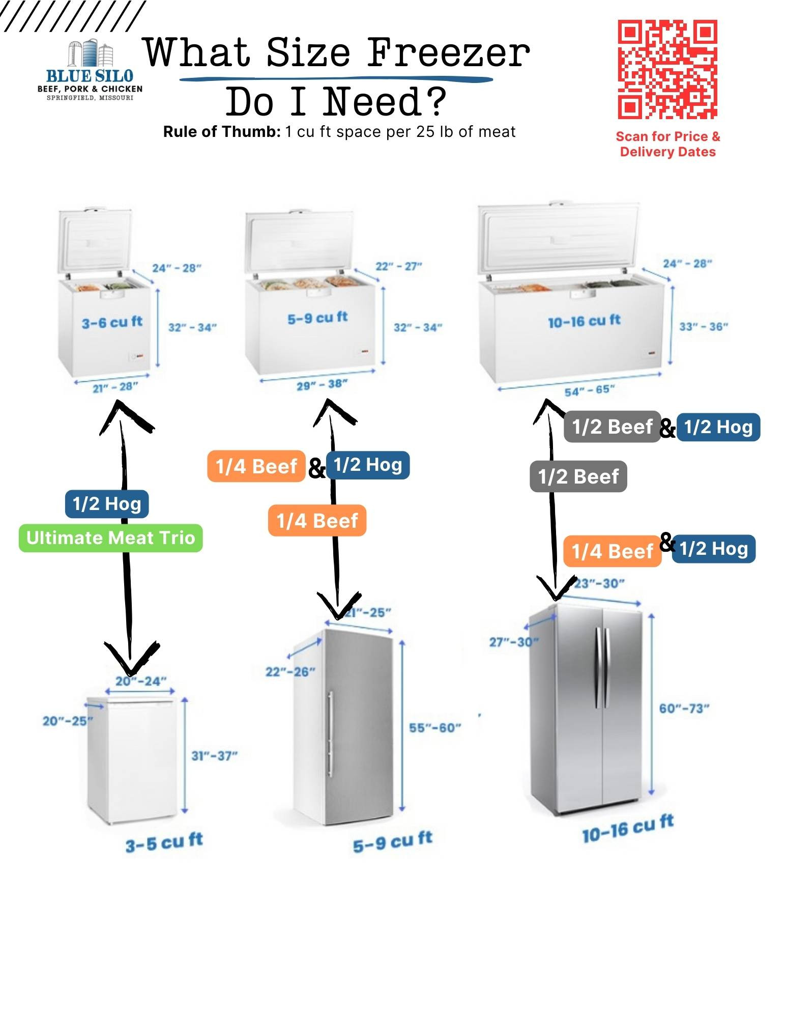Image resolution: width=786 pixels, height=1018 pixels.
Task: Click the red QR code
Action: pos(667,69)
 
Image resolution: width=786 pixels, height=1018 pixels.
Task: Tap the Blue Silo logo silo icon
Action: pos(90,53)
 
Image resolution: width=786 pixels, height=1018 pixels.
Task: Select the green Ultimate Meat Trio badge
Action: pos(110,538)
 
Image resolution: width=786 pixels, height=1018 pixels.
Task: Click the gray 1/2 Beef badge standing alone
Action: pos(578,476)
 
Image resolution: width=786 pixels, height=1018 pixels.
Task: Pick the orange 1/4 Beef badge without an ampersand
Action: pos(317,520)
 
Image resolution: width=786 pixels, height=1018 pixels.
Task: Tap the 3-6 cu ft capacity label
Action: pos(112,322)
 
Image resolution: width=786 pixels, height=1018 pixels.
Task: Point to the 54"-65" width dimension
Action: pos(589,391)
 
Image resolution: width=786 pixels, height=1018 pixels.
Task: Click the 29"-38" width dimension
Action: pos(322,385)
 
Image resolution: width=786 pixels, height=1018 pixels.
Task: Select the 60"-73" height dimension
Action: pos(684,708)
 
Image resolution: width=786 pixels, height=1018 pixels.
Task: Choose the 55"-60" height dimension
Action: pos(435,727)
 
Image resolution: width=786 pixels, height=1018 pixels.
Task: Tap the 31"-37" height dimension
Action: pos(214,756)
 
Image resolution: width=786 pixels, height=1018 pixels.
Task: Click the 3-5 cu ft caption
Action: pos(164,842)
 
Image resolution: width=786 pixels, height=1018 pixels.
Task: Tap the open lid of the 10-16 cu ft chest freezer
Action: pos(558,238)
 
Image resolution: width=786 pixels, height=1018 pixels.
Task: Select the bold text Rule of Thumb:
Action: pos(222,132)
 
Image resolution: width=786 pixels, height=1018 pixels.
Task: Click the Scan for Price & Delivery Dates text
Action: pos(667,144)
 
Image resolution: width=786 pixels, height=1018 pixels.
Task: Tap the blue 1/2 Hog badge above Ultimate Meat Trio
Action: pos(107,503)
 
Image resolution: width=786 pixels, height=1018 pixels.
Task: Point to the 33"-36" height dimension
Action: pos(704,326)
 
